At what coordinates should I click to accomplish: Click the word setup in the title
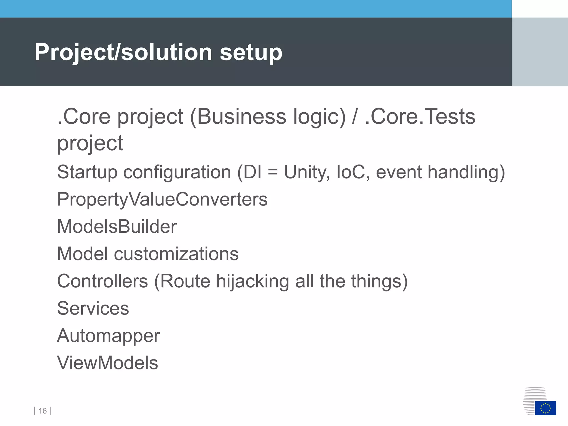tap(251, 52)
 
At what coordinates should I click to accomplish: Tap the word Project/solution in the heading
tap(123, 52)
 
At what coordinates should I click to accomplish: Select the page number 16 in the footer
tap(42, 411)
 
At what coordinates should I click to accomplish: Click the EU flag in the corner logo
tap(545, 408)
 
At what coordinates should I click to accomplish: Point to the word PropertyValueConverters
tap(162, 199)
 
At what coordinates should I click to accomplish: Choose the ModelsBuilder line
tap(117, 227)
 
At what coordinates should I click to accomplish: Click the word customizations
tap(176, 254)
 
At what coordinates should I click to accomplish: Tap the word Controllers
tap(103, 281)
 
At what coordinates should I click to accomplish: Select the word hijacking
tap(253, 281)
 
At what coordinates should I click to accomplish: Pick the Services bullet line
tap(93, 308)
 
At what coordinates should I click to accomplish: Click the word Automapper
tap(108, 336)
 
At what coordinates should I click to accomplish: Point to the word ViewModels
tap(108, 363)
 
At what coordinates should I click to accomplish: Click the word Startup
tap(87, 172)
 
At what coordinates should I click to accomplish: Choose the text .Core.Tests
tap(420, 116)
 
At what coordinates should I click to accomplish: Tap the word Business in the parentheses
tap(241, 116)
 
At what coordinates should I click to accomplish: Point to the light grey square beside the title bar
tap(540, 52)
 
